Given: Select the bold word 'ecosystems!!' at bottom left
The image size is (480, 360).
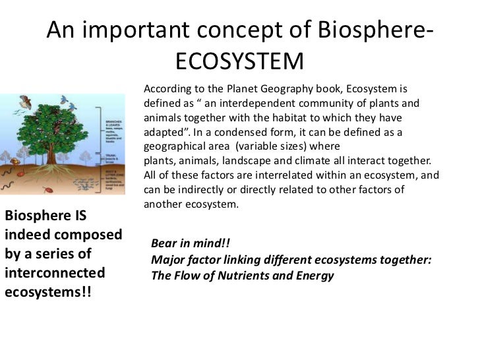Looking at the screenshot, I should click(x=47, y=291).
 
